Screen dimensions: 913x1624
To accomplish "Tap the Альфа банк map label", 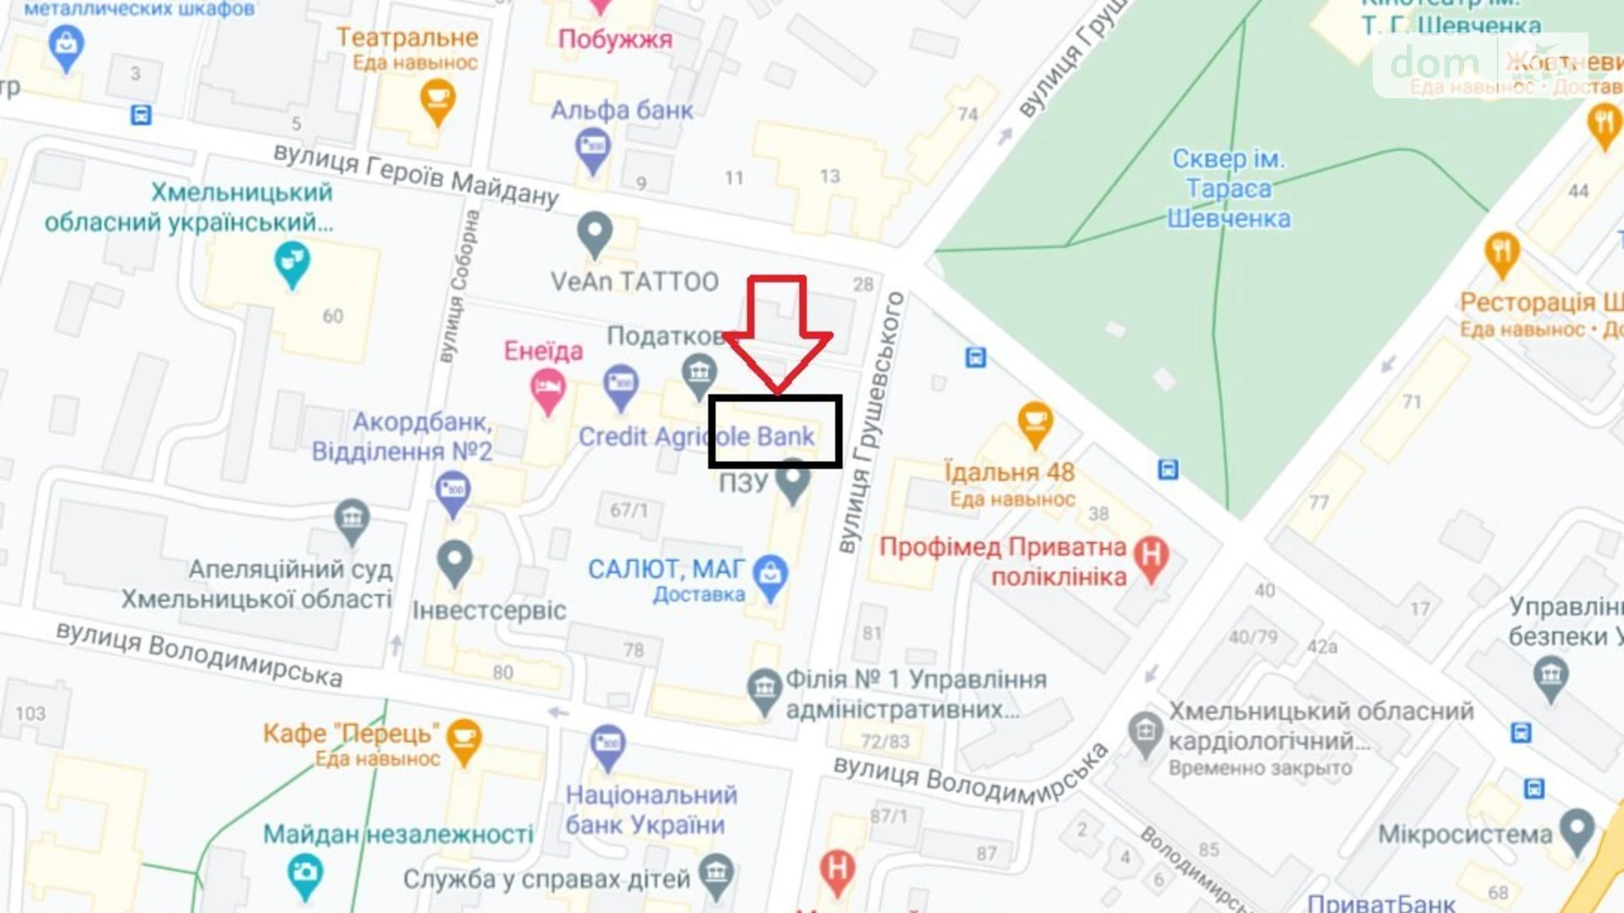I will coord(622,111).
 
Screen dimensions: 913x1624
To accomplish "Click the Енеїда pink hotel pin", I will coord(548,390).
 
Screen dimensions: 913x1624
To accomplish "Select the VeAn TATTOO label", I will coord(634,282).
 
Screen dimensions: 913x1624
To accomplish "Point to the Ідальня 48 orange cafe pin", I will coord(1035,423).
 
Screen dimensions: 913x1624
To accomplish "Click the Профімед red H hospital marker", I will coord(1151,557).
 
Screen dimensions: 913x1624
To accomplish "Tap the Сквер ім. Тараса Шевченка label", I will coord(1228,189).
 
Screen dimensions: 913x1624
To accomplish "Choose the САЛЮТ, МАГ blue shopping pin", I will coord(771,576).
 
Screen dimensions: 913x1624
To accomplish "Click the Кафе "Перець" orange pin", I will coord(463,739).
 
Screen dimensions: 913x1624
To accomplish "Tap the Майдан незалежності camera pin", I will coord(305,873).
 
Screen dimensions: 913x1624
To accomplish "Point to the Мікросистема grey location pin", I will coord(1577,830).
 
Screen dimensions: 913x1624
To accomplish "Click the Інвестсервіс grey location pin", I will coord(454,561).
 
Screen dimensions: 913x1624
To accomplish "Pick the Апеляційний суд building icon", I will coord(352,518).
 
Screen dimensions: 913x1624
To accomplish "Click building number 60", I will coord(333,316).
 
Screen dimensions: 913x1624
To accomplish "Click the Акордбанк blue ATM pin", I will coord(453,492).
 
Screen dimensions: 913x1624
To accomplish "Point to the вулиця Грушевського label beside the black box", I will coord(869,421).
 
